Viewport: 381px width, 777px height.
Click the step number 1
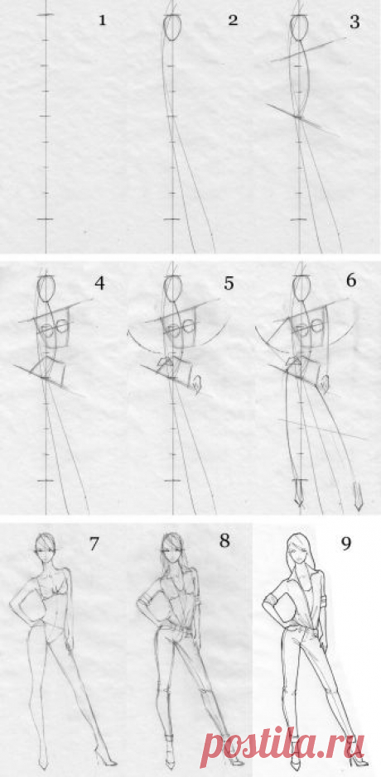102,21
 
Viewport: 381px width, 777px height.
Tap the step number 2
234,21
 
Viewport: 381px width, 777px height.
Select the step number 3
354,23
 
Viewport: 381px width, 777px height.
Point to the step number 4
99,284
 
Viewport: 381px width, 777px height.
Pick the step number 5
229,284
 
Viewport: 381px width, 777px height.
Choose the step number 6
350,281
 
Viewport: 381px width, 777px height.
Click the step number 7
94,544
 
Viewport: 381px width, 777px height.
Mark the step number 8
224,540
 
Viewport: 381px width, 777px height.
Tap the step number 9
345,544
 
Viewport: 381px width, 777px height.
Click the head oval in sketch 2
171,26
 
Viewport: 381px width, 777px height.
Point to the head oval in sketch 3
299,26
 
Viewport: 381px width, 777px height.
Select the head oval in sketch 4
46,288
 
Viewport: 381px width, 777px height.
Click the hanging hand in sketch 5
197,385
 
